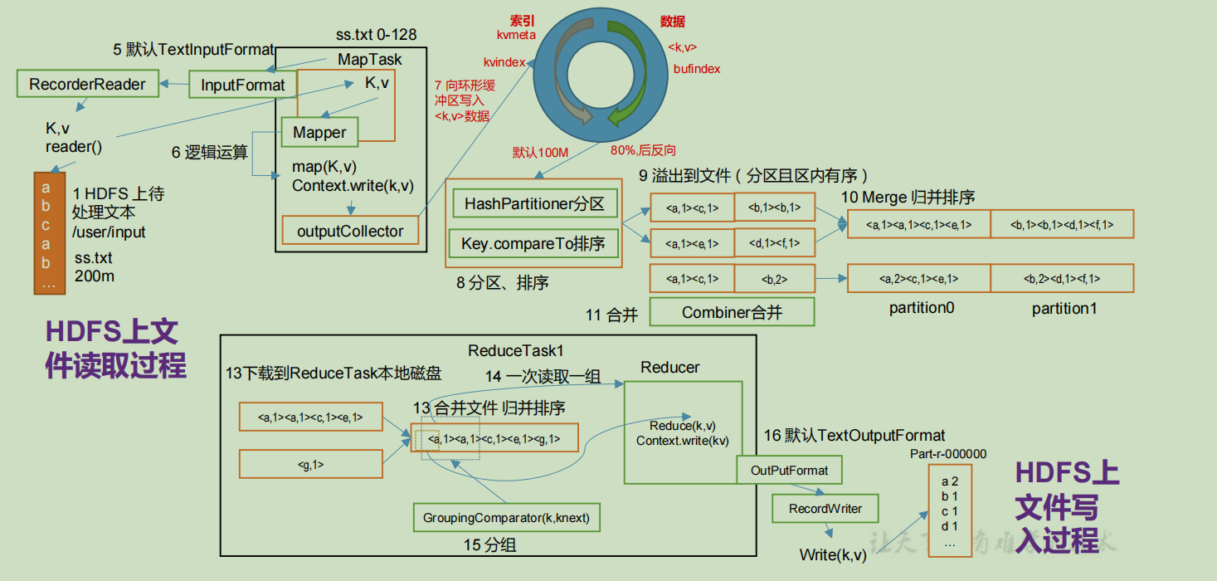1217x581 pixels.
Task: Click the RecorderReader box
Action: [x=87, y=84]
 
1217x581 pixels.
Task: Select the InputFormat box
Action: [x=242, y=85]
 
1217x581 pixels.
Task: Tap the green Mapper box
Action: [x=319, y=133]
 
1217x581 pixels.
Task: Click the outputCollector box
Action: [x=350, y=232]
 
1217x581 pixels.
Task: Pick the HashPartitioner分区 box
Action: [x=535, y=203]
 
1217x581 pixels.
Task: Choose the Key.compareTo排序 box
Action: [x=535, y=243]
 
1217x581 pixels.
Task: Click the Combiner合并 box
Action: [x=732, y=312]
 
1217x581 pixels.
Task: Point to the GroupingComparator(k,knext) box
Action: [x=506, y=518]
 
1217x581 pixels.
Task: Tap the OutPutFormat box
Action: [x=789, y=471]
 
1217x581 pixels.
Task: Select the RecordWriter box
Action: [x=825, y=508]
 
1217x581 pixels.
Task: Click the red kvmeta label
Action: [x=516, y=36]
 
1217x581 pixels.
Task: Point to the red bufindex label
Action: [x=697, y=69]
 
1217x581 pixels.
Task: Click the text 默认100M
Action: [x=540, y=152]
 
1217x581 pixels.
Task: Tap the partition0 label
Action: [x=922, y=308]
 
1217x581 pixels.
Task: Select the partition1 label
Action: [x=1064, y=308]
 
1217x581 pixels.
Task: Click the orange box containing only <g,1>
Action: [x=310, y=465]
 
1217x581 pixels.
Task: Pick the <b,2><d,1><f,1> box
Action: [x=1062, y=279]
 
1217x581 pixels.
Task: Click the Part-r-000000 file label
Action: [x=948, y=454]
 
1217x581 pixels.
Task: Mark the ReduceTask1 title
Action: [x=515, y=351]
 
